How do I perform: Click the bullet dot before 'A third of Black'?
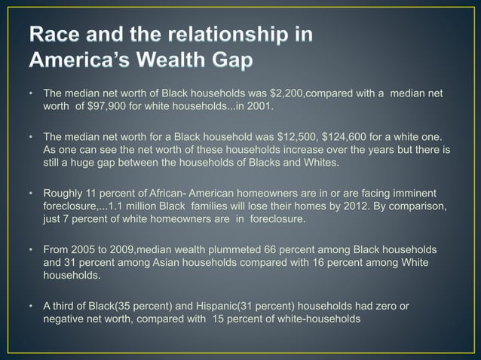pos(31,307)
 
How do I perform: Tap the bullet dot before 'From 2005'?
pos(31,250)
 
